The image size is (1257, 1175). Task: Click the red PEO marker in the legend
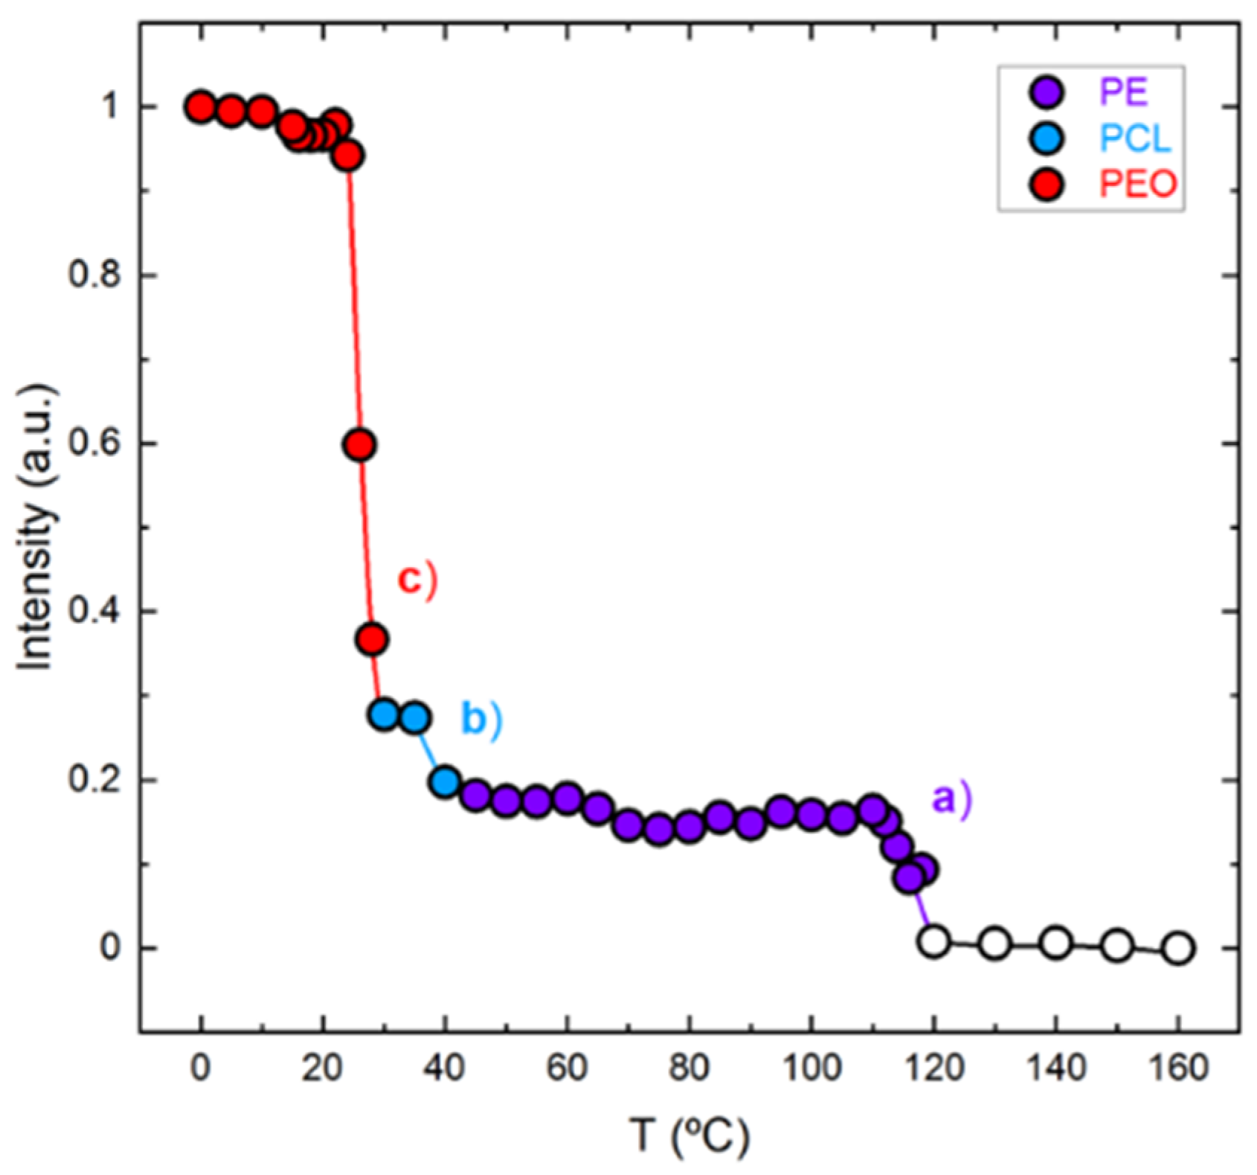(x=1047, y=184)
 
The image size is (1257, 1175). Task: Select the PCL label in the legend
(x=1135, y=138)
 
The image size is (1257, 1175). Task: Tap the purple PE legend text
(x=1124, y=93)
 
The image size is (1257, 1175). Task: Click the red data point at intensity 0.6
(x=360, y=445)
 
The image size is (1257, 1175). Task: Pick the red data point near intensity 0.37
(x=373, y=638)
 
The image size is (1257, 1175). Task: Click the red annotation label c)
(x=415, y=580)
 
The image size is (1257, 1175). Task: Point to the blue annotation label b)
(x=481, y=719)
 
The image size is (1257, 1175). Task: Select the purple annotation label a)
(x=952, y=798)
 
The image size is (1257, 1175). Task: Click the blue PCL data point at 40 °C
(x=445, y=782)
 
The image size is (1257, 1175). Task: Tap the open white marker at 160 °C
(x=1179, y=949)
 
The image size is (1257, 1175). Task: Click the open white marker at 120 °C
(x=934, y=941)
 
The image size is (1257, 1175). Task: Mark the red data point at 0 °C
(x=200, y=107)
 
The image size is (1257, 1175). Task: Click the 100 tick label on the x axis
(x=811, y=1069)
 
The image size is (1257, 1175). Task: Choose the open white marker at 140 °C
(x=1056, y=942)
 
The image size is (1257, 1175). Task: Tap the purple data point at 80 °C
(x=689, y=827)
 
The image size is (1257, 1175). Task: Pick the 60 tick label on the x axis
(x=567, y=1069)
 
